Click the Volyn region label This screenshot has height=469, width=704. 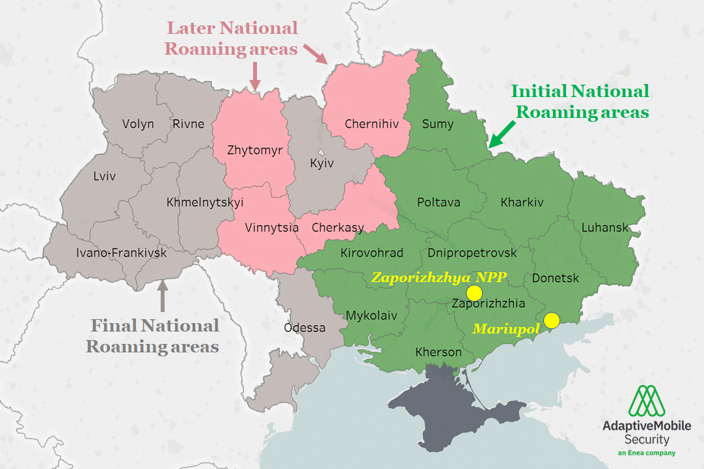point(138,124)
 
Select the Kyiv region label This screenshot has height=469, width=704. point(321,163)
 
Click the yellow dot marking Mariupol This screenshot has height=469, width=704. point(551,320)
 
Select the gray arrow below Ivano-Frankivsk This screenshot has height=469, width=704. point(162,294)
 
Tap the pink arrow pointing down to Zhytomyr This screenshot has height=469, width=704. point(254,76)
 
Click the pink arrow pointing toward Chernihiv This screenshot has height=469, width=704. point(318,55)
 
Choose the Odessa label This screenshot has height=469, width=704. point(305,328)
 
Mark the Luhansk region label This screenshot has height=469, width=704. point(605,227)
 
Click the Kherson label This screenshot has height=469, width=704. point(439,352)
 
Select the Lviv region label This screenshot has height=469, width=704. point(104,176)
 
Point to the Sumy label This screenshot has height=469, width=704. point(438,124)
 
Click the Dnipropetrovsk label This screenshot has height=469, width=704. point(472,253)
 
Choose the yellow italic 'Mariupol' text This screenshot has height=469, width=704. point(506,330)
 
